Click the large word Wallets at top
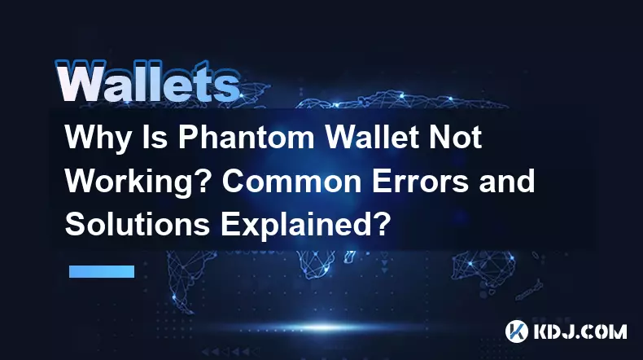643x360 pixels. tap(147, 81)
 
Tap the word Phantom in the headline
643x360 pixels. tap(246, 137)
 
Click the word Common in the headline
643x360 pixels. tap(292, 181)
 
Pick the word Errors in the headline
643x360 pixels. tap(420, 181)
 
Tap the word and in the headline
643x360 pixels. tap(507, 181)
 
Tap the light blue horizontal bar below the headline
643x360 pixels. tap(102, 271)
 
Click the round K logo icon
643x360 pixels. tap(517, 331)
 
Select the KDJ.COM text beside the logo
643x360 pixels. tap(580, 331)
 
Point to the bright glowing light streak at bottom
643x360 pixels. tap(324, 327)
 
